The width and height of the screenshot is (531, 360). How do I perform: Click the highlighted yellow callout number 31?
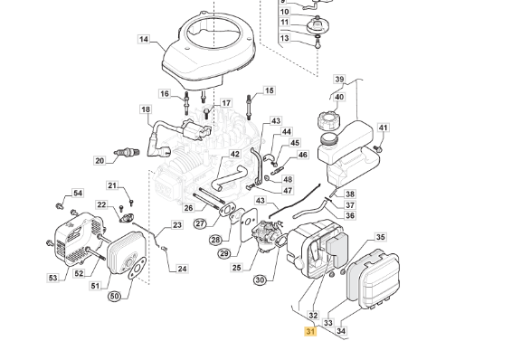click(310, 332)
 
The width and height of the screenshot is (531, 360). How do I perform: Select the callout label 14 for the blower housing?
click(144, 39)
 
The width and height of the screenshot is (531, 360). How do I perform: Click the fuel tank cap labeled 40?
click(328, 121)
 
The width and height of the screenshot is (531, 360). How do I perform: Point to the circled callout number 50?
click(115, 297)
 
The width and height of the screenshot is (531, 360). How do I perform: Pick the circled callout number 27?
click(201, 223)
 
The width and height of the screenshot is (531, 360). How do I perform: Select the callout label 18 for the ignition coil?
click(146, 109)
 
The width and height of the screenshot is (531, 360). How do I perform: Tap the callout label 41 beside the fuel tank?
click(383, 128)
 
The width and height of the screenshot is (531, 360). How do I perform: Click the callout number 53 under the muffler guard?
click(52, 278)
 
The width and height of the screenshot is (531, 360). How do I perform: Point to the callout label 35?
click(381, 237)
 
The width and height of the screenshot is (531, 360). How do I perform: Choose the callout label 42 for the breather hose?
click(234, 154)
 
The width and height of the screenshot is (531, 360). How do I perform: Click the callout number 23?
click(177, 225)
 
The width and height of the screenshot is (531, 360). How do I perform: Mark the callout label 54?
click(78, 193)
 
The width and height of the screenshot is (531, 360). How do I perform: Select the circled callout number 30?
click(260, 280)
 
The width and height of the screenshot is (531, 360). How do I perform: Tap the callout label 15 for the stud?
click(270, 90)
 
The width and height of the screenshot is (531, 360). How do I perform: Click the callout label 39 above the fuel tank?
click(339, 79)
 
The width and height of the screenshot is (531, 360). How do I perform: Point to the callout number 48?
click(288, 179)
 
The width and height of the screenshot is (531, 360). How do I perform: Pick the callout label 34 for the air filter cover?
click(341, 331)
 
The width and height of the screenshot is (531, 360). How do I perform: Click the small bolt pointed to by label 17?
click(206, 113)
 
